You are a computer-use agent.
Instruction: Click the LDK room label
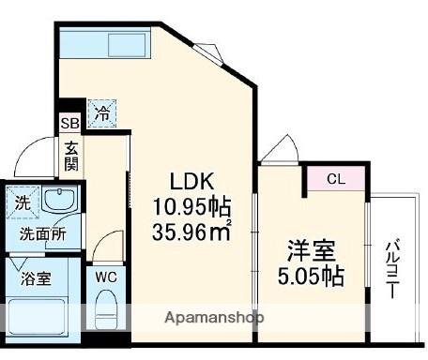point(191,181)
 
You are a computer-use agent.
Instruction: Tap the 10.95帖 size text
point(191,207)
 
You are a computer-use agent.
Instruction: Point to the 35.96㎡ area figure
point(191,232)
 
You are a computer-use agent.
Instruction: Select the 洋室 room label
point(312,250)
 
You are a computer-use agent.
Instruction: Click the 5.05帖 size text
point(312,276)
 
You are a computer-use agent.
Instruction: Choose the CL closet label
point(336,179)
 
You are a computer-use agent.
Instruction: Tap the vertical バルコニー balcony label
point(392,269)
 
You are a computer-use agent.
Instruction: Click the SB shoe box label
point(70,123)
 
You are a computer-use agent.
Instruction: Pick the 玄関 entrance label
point(71,156)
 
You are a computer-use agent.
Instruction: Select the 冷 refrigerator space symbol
point(102,113)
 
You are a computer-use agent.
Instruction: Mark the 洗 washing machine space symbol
point(23,202)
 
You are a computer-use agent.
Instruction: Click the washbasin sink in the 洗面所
point(59,199)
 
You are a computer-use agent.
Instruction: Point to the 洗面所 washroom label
point(43,233)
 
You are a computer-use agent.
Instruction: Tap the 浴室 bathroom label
point(36,278)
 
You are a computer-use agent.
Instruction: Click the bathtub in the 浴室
point(37,317)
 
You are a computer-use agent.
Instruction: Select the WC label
point(106,277)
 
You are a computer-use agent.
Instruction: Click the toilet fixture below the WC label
point(106,309)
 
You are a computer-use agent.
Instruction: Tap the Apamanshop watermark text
point(214,318)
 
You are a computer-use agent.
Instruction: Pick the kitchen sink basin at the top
point(127,45)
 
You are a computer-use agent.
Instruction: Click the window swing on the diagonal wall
point(208,52)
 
